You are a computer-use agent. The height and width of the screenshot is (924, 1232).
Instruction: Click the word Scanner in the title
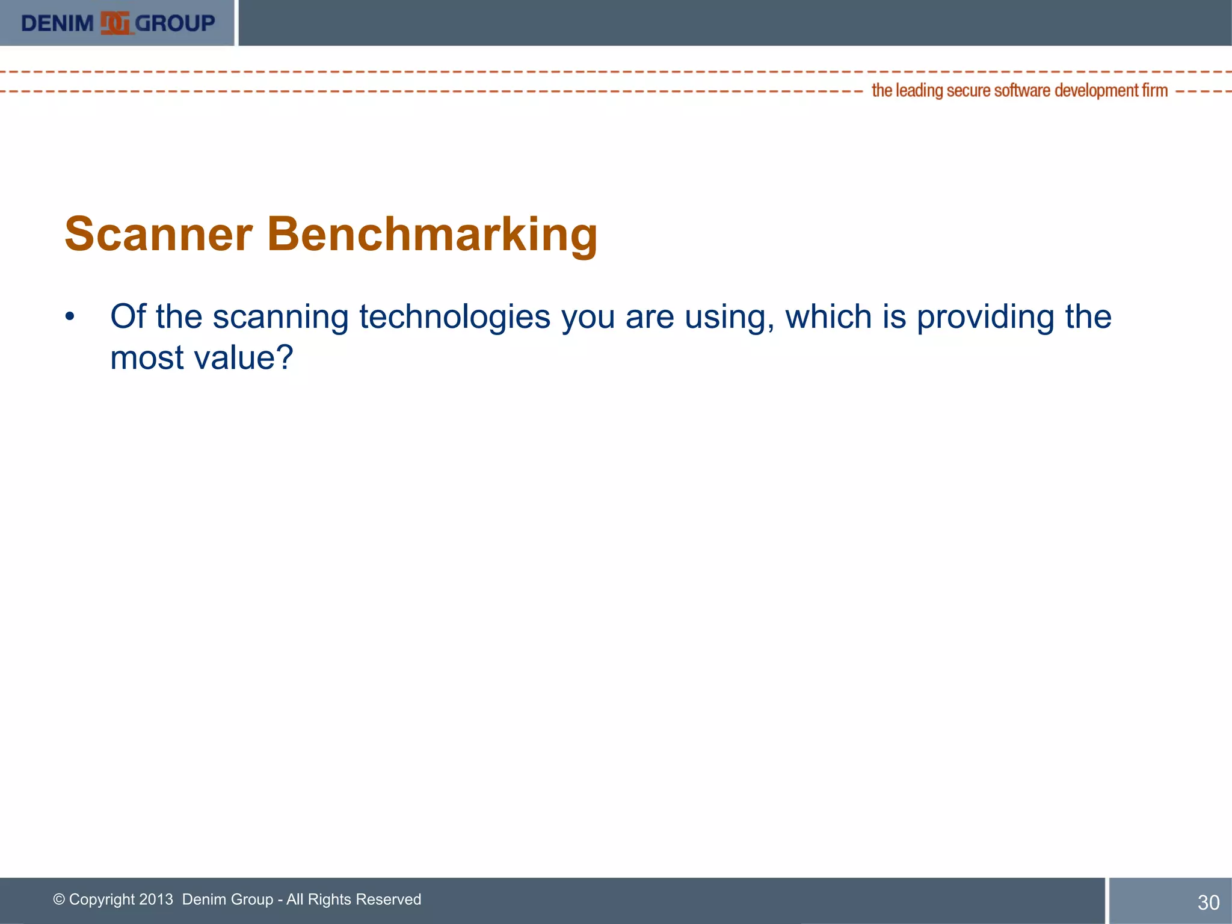(158, 234)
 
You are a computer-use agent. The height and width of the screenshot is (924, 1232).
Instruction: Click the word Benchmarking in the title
(432, 234)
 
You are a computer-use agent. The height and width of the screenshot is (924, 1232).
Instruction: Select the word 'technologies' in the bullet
(454, 317)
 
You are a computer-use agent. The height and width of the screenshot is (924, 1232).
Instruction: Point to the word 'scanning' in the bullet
(280, 317)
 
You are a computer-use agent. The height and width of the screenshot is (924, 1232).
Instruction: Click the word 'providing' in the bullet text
(985, 317)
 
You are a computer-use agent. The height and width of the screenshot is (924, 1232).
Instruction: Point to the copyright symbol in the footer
(59, 899)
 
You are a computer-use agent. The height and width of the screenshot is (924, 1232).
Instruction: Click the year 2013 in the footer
(156, 899)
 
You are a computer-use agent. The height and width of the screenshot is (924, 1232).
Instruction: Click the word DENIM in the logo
(57, 23)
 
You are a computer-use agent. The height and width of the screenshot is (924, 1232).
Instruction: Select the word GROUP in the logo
(174, 23)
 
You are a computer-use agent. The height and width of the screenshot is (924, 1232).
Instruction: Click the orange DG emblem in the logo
(115, 23)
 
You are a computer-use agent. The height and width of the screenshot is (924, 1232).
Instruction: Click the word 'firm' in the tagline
(1154, 91)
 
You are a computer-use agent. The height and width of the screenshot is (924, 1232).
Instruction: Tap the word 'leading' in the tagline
(919, 91)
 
